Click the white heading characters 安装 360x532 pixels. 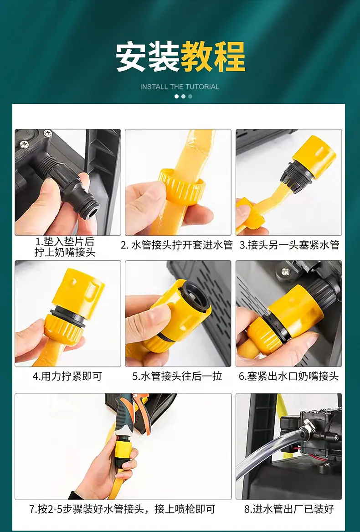[148, 57]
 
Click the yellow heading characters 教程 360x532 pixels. [213, 57]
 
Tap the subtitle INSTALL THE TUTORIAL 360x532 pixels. [180, 87]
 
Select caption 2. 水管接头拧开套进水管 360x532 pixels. [177, 245]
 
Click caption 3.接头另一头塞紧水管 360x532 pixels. [289, 245]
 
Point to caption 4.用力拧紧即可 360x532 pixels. [67, 376]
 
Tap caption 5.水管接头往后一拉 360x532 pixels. [177, 376]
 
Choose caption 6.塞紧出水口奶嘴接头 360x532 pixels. [289, 376]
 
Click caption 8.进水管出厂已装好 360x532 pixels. [289, 509]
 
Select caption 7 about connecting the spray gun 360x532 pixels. [122, 509]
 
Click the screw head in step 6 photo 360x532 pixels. [286, 271]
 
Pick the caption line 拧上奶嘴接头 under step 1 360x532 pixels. [65, 253]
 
